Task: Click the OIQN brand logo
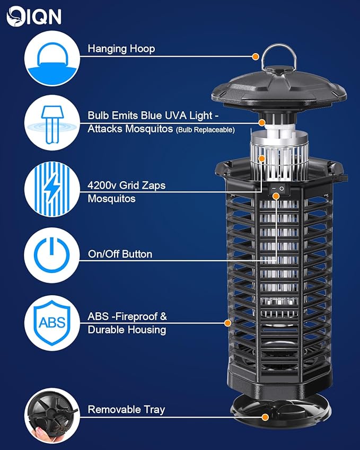(34, 16)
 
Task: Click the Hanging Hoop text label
(121, 49)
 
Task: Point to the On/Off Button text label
(120, 254)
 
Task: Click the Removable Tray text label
(126, 409)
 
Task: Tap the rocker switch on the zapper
(277, 188)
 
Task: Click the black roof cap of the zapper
(280, 85)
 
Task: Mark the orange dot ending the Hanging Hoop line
(256, 56)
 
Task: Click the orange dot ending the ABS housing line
(227, 322)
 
